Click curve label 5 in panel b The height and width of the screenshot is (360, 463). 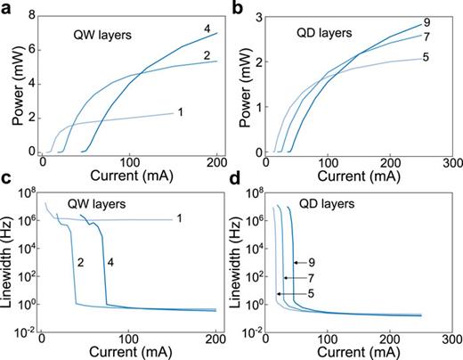[x=426, y=58]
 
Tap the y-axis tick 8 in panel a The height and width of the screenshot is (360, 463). [x=31, y=16]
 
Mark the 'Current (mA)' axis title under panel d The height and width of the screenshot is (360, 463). [x=359, y=354]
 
